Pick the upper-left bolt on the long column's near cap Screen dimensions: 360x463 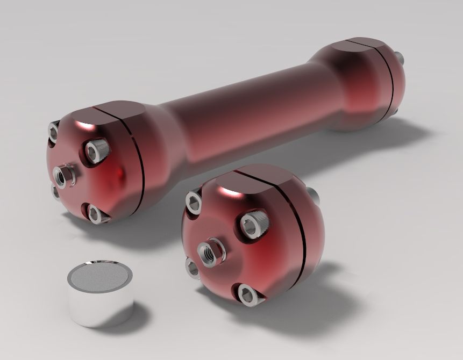(54, 131)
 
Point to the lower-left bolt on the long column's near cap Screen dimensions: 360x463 (55, 191)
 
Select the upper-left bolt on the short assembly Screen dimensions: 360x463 (193, 200)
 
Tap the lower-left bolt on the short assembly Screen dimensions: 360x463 (193, 267)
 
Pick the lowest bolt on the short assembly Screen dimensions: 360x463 (248, 294)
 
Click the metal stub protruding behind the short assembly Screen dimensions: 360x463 (314, 196)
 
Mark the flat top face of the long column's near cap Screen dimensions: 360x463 (110, 116)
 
